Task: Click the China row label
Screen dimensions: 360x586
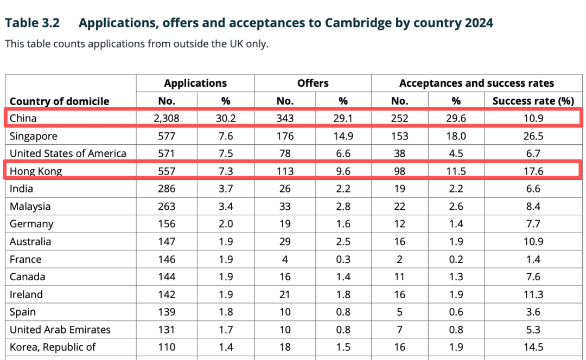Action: (x=23, y=118)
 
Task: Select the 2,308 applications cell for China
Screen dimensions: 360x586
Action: (x=167, y=118)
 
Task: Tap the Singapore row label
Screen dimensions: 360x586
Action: (x=34, y=136)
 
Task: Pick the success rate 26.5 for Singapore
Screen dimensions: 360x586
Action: (x=533, y=136)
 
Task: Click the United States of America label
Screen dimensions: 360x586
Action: (x=68, y=153)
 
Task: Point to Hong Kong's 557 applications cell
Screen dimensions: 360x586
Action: (x=167, y=171)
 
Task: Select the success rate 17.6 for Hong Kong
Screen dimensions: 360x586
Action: (x=533, y=171)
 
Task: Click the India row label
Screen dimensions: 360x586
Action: (x=21, y=189)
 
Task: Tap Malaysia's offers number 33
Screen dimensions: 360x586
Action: (x=285, y=207)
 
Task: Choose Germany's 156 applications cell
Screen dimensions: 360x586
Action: (x=167, y=224)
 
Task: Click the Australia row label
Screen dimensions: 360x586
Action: (x=30, y=242)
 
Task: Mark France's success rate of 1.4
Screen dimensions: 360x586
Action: (x=533, y=259)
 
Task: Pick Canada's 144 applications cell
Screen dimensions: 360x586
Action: (x=167, y=277)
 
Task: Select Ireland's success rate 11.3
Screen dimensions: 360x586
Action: (x=533, y=294)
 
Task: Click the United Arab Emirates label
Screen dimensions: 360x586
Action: (x=60, y=330)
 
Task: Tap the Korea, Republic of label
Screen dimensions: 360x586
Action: (x=53, y=347)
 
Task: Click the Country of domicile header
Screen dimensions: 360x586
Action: (x=59, y=101)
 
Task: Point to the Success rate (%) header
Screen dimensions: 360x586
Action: (x=533, y=101)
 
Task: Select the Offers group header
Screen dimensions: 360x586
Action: (x=313, y=83)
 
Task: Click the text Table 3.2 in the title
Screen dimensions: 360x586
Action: (x=32, y=23)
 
